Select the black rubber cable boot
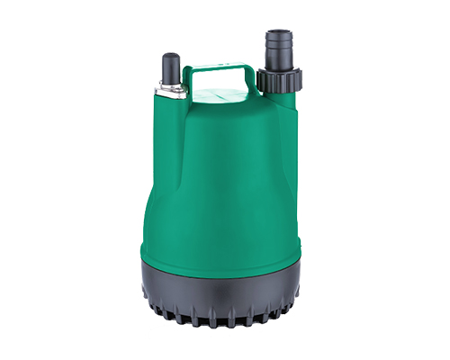[x=168, y=67]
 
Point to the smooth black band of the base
[x=220, y=288]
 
